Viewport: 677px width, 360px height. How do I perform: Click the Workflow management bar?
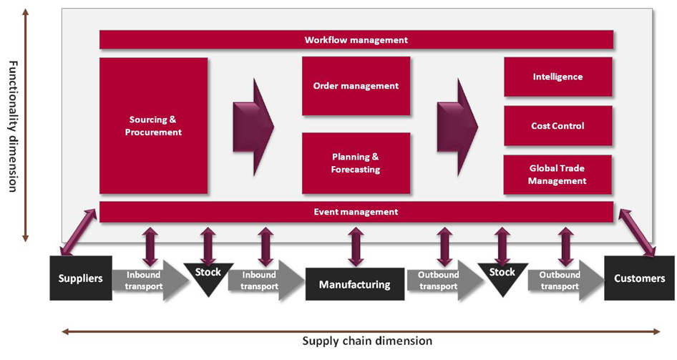tap(356, 40)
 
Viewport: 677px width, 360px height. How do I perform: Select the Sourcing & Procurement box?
tap(154, 125)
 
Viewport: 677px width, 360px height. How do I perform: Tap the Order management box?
tap(356, 86)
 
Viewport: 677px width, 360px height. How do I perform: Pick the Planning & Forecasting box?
tap(356, 163)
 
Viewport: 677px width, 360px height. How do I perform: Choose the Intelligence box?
tap(557, 77)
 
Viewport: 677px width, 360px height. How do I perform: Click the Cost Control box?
tap(557, 126)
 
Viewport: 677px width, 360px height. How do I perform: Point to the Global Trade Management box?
tap(557, 175)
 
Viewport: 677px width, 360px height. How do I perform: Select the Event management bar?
tap(356, 212)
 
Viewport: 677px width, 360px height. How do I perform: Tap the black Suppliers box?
tap(80, 278)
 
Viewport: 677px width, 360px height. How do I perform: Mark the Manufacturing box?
tap(355, 284)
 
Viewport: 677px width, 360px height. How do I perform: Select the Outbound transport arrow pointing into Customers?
tap(562, 281)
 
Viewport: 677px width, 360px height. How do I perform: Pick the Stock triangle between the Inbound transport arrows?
tap(208, 276)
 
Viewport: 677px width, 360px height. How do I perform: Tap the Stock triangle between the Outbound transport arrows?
tap(502, 276)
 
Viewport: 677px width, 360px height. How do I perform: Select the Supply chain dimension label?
tap(367, 341)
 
